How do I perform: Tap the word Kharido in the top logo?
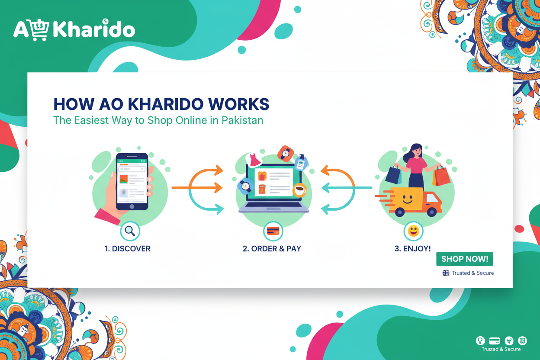(x=93, y=30)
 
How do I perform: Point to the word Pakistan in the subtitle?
(x=242, y=120)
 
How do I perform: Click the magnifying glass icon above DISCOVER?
(x=130, y=231)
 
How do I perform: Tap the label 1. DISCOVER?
(x=128, y=249)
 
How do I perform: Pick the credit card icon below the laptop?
(x=273, y=231)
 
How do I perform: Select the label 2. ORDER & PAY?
(x=272, y=249)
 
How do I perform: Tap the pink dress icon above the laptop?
(x=254, y=161)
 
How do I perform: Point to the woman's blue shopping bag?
(x=393, y=175)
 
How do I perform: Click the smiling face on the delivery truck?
(x=407, y=199)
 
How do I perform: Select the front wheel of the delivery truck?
(x=431, y=212)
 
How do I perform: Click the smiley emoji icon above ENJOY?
(x=413, y=231)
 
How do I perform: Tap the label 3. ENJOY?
(x=412, y=249)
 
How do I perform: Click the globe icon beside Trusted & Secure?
(x=446, y=273)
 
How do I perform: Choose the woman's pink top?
(x=416, y=166)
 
